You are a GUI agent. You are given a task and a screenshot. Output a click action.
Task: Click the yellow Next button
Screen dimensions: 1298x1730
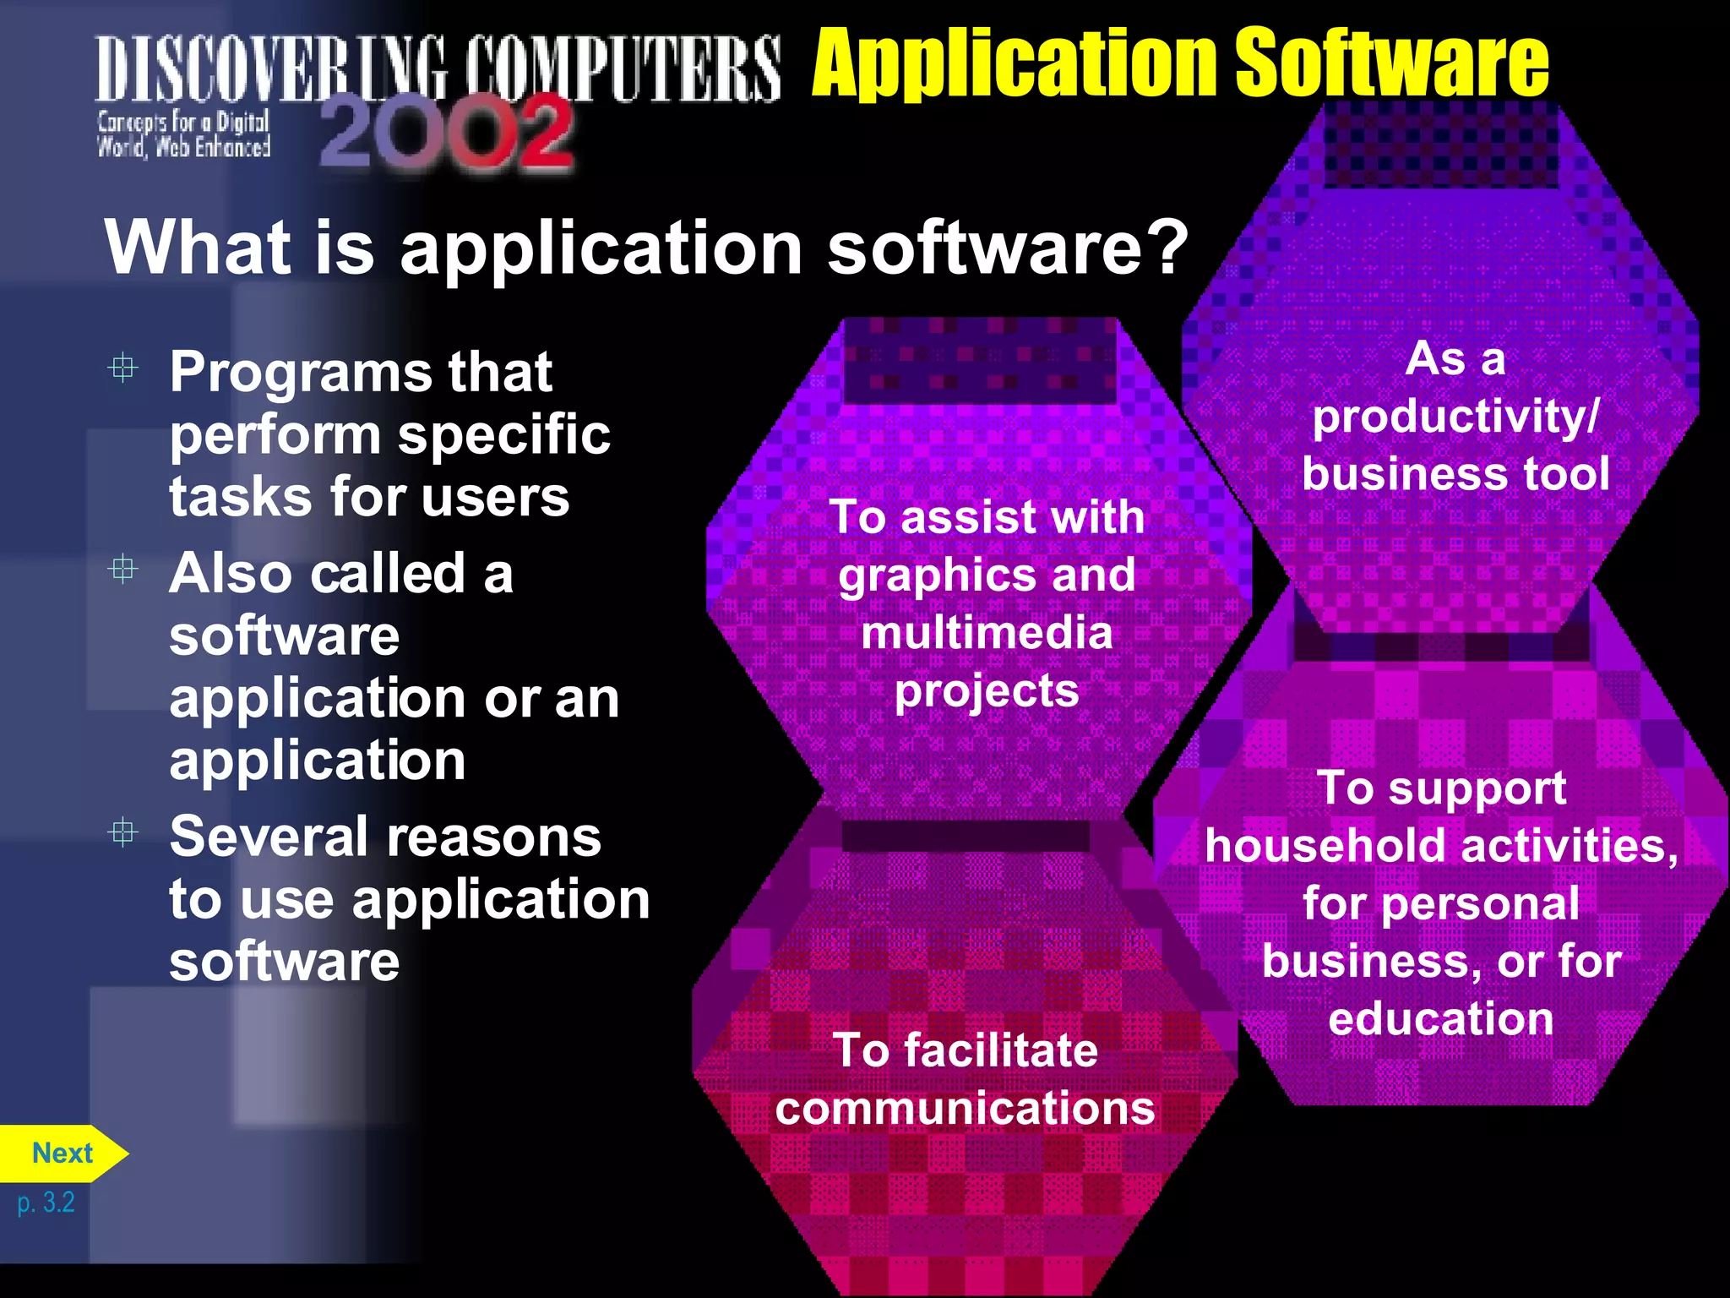pyautogui.click(x=62, y=1153)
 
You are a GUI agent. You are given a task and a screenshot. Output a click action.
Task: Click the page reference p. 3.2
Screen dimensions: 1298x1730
pyautogui.click(x=46, y=1203)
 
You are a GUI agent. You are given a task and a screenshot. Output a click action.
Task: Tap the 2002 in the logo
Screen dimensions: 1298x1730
pyautogui.click(x=446, y=134)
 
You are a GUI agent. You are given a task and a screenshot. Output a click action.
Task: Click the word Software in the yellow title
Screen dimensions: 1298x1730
pyautogui.click(x=1391, y=63)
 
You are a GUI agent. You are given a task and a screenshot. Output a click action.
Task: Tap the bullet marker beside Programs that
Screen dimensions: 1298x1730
pyautogui.click(x=123, y=368)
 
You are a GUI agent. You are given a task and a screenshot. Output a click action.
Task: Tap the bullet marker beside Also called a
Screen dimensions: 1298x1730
pyautogui.click(x=123, y=570)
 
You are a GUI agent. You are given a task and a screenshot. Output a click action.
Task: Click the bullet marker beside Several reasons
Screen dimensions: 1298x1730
pyautogui.click(x=123, y=833)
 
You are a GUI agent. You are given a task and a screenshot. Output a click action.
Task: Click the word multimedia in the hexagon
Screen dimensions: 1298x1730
pyautogui.click(x=987, y=633)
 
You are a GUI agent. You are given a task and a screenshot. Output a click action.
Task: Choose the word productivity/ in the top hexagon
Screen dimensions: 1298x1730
pyautogui.click(x=1455, y=417)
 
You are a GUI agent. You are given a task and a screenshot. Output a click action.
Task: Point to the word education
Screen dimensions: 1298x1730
pyautogui.click(x=1440, y=1019)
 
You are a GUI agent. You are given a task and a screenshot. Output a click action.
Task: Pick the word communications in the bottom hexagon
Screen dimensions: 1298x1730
pyautogui.click(x=965, y=1108)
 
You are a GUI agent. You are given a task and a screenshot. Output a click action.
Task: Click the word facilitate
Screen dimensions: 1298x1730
pyautogui.click(x=1001, y=1050)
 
